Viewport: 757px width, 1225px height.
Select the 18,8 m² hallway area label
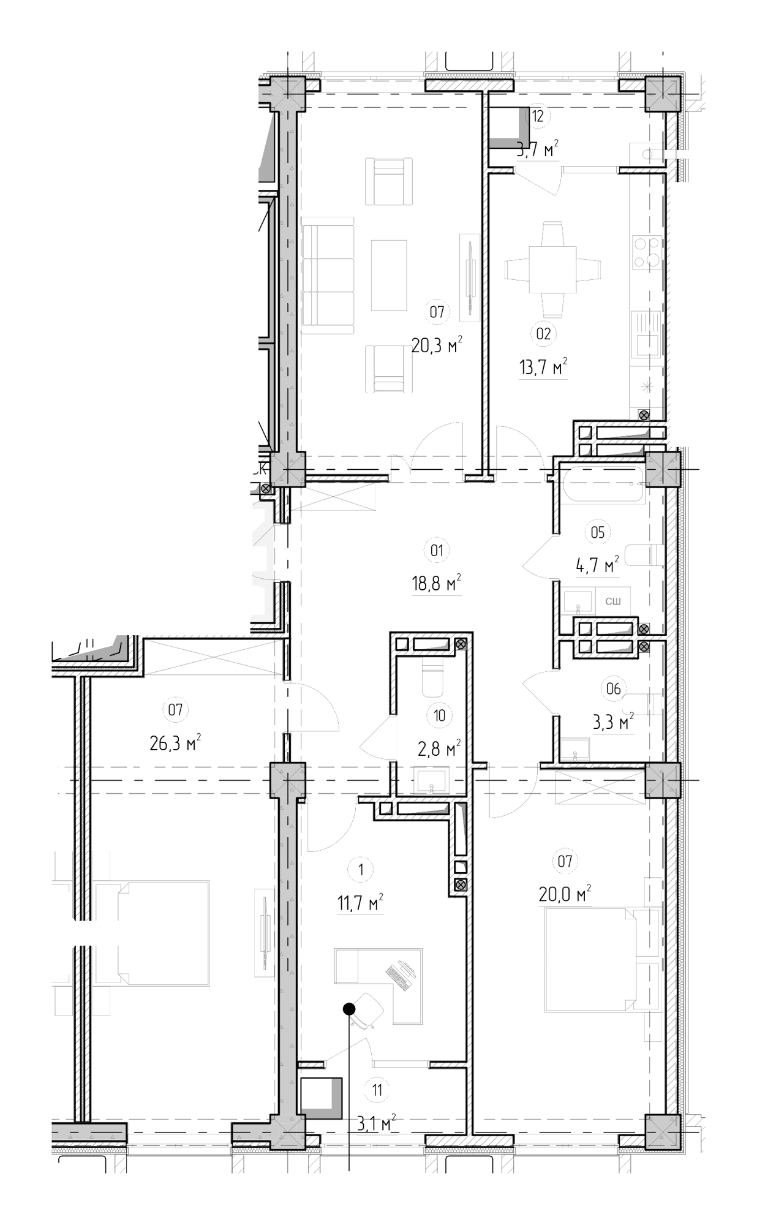click(x=437, y=584)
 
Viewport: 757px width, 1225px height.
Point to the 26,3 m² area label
click(x=175, y=743)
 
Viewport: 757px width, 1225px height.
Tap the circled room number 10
click(x=439, y=715)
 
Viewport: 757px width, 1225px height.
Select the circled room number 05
click(x=597, y=532)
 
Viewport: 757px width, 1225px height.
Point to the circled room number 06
click(x=613, y=689)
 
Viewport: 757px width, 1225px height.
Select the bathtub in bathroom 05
click(x=604, y=486)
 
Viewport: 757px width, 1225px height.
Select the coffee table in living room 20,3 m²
click(x=389, y=274)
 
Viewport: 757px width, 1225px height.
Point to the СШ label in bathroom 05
click(x=613, y=601)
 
